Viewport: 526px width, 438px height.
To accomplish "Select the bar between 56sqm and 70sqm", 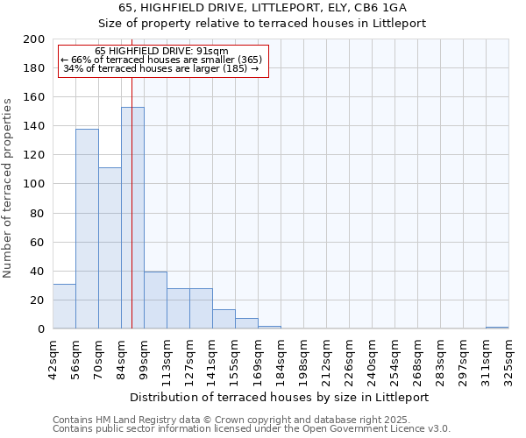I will pyautogui.click(x=87, y=229).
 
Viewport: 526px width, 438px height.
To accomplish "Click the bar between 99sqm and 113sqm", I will pyautogui.click(x=155, y=300).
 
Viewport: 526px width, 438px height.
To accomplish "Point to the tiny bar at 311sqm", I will pyautogui.click(x=497, y=328).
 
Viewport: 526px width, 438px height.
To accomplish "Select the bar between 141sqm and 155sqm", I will pyautogui.click(x=224, y=319).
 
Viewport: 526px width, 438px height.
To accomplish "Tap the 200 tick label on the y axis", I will pyautogui.click(x=34, y=39).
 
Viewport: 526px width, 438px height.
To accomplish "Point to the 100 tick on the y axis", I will pyautogui.click(x=34, y=184).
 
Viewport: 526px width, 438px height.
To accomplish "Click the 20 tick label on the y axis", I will pyautogui.click(x=38, y=300).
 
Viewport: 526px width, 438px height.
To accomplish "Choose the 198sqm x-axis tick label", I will pyautogui.click(x=303, y=360).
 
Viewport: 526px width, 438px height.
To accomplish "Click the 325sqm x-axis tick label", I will pyautogui.click(x=508, y=360).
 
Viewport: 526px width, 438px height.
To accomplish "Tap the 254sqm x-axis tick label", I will pyautogui.click(x=394, y=360).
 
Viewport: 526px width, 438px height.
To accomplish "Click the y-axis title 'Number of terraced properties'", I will pyautogui.click(x=8, y=187).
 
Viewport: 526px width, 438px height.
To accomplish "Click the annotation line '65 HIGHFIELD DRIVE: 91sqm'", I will pyautogui.click(x=161, y=51).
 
